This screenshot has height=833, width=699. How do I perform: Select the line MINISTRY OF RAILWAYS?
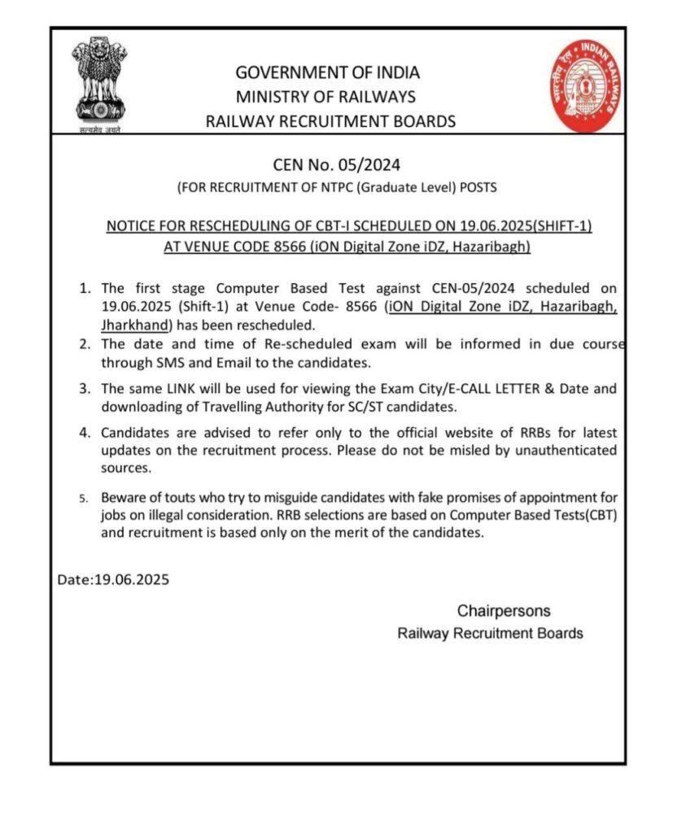pyautogui.click(x=325, y=98)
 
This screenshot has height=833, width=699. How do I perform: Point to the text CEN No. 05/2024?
pyautogui.click(x=337, y=165)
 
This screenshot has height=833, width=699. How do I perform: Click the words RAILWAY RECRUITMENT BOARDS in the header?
pyautogui.click(x=330, y=122)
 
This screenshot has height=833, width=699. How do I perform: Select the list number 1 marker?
pyautogui.click(x=84, y=288)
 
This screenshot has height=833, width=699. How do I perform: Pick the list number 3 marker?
pyautogui.click(x=84, y=390)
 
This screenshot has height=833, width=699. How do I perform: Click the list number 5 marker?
pyautogui.click(x=85, y=498)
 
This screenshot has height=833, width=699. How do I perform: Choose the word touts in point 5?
pyautogui.click(x=191, y=497)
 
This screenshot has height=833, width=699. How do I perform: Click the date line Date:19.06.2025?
pyautogui.click(x=114, y=580)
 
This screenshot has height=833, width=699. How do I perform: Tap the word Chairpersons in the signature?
pyautogui.click(x=503, y=611)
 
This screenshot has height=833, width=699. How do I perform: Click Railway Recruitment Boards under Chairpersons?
pyautogui.click(x=490, y=634)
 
